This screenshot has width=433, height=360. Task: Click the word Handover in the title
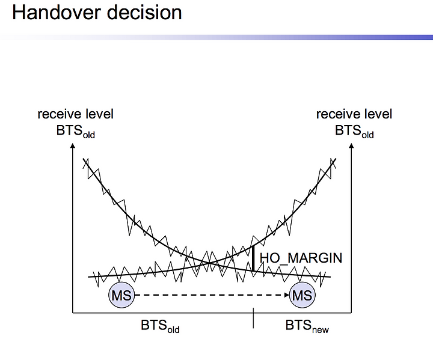[58, 13]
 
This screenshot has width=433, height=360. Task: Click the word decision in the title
[144, 13]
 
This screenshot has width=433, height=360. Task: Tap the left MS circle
[121, 295]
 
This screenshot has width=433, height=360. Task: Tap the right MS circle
[302, 295]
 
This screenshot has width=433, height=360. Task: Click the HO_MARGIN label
[301, 258]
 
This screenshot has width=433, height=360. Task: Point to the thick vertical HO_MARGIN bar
[253, 258]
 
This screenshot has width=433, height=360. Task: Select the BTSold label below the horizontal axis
[160, 326]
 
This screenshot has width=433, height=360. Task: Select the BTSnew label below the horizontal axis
[307, 326]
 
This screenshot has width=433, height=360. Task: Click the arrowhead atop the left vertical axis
[73, 145]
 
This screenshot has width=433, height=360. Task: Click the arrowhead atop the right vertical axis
[351, 145]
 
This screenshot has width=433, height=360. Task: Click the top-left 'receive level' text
[75, 114]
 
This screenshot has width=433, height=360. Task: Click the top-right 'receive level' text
[354, 114]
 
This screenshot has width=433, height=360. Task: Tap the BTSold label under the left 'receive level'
[76, 131]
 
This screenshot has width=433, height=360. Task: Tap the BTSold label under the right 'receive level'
[354, 131]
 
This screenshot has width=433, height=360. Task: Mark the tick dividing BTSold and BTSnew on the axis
[253, 318]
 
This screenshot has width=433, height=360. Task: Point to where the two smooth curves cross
[210, 262]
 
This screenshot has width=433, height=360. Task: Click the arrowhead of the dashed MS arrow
[287, 295]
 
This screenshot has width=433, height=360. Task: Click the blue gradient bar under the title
[216, 37]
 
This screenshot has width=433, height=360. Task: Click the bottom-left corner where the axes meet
[73, 313]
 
